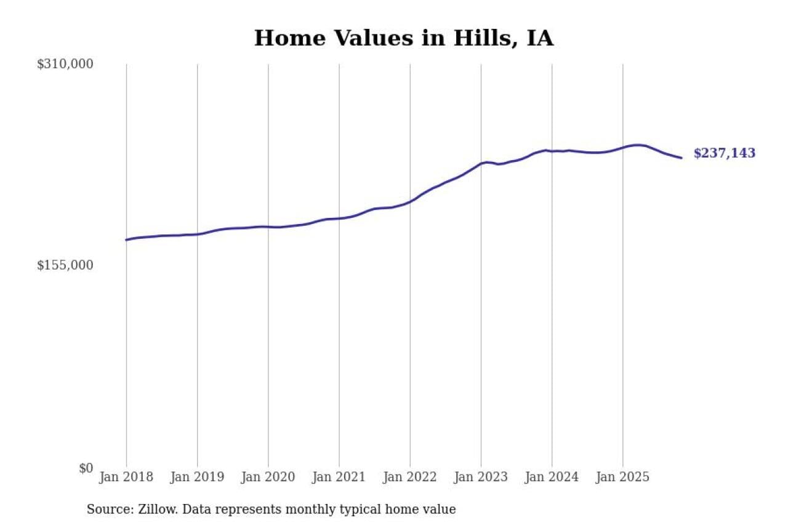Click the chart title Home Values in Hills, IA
click(404, 38)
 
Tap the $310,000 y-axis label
click(65, 64)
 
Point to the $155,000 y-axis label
click(65, 265)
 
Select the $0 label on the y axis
click(86, 468)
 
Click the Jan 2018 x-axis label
click(126, 478)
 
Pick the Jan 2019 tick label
click(197, 478)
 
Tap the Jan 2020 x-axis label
click(268, 478)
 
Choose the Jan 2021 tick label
click(339, 478)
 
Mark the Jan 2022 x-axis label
click(409, 478)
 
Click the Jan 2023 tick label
click(481, 478)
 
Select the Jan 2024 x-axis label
click(552, 478)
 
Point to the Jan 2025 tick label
click(622, 478)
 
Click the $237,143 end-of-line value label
click(724, 154)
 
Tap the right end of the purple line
click(681, 158)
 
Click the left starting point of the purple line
click(126, 240)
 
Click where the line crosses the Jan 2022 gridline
click(410, 201)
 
